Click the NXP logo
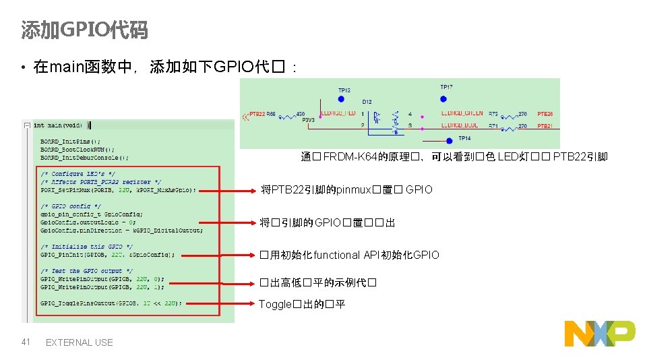tap(599, 333)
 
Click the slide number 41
tap(26, 342)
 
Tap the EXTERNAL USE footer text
tap(79, 342)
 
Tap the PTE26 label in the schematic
tap(545, 115)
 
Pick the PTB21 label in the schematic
tap(545, 126)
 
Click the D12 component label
tap(367, 102)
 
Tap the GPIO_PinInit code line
tap(107, 255)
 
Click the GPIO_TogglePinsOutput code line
tap(111, 303)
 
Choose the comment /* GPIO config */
tap(71, 206)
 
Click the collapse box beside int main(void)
tap(26, 125)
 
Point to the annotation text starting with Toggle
tap(302, 304)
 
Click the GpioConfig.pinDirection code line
tap(121, 231)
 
